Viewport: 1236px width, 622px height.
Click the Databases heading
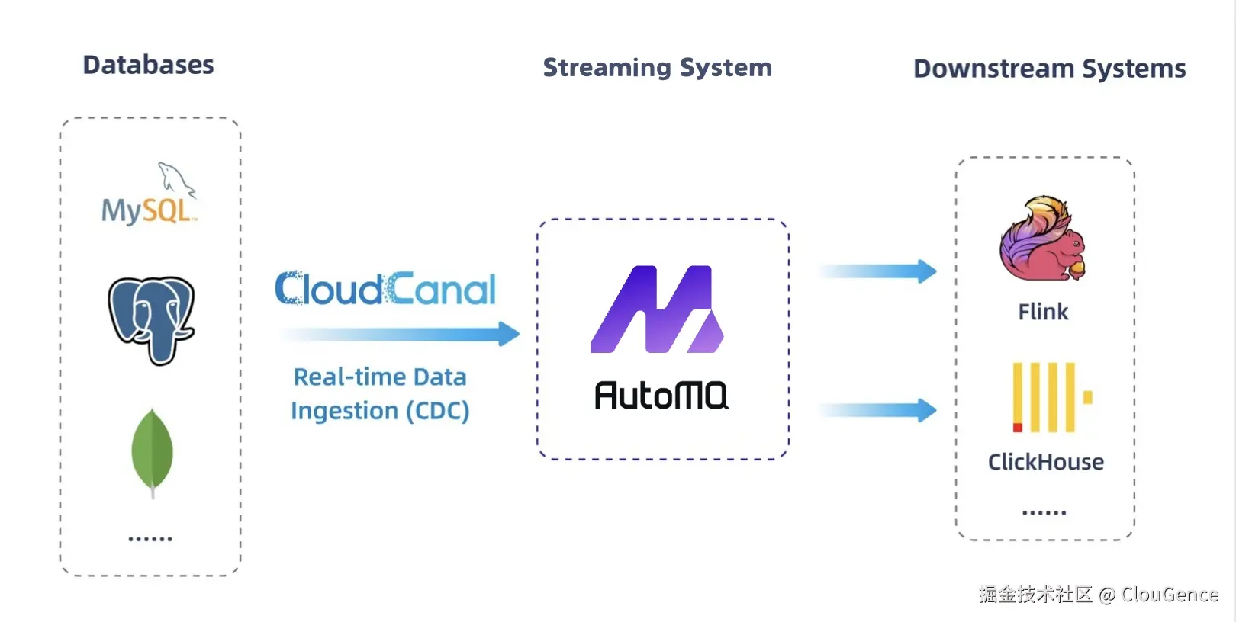[x=148, y=66]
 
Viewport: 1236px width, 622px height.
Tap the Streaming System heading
[x=657, y=68]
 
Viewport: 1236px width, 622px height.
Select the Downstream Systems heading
[x=1049, y=69]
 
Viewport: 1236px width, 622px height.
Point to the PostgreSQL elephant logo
[x=151, y=319]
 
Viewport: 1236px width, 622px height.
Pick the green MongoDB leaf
[x=152, y=451]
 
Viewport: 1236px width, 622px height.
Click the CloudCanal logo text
[x=385, y=289]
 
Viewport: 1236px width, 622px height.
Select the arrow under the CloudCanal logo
[x=400, y=334]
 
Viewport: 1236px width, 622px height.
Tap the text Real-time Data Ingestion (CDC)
[x=380, y=394]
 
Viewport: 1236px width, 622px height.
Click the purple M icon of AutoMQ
[x=657, y=309]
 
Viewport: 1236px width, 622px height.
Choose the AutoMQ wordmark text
[x=661, y=396]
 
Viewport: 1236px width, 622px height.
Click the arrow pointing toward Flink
[x=878, y=271]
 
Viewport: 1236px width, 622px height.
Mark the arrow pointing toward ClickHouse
[x=878, y=410]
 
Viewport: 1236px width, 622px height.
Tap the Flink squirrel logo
[x=1042, y=239]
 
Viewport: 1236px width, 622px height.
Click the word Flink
[x=1043, y=312]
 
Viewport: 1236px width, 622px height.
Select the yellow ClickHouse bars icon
[x=1048, y=397]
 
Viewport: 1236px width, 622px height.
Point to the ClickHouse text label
[x=1045, y=462]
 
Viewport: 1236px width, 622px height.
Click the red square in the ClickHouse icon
[x=1017, y=427]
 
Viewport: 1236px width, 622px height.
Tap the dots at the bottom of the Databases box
[x=150, y=539]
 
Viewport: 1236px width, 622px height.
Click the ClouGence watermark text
[x=1169, y=595]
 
